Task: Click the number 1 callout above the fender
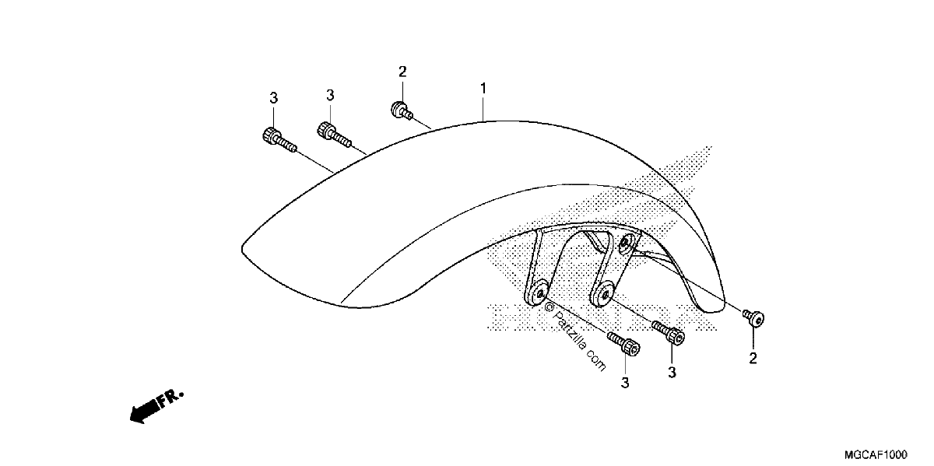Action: point(483,89)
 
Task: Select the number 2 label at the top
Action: point(402,72)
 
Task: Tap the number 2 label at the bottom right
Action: point(753,358)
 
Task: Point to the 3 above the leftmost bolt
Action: point(273,98)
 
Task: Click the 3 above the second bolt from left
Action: point(330,96)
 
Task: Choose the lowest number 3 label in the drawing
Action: point(625,383)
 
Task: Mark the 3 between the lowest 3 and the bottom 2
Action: point(672,373)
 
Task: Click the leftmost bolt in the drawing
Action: point(279,141)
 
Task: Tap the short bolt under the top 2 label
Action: point(402,110)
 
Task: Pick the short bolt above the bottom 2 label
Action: point(753,318)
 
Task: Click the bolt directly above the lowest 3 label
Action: point(623,343)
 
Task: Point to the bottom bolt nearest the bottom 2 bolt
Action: point(669,331)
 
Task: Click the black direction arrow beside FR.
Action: point(144,411)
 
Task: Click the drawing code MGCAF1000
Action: point(876,454)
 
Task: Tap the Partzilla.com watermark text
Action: point(575,337)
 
